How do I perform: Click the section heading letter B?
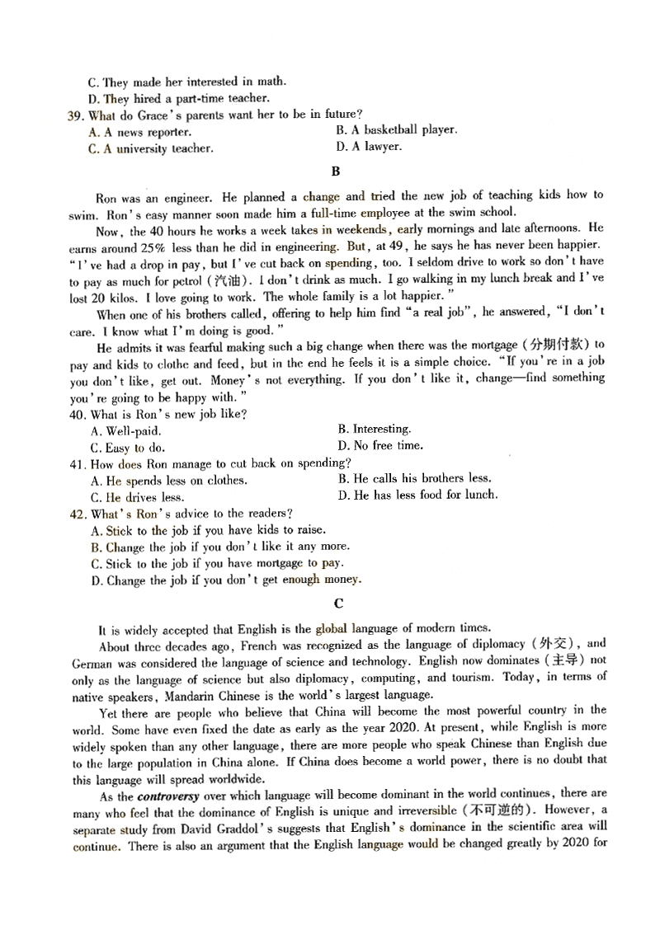pyautogui.click(x=335, y=171)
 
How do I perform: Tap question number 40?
pyautogui.click(x=76, y=414)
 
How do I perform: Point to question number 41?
pyautogui.click(x=76, y=464)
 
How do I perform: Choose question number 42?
pyautogui.click(x=76, y=514)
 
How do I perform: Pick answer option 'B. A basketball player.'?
pyautogui.click(x=396, y=130)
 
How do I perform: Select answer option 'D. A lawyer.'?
pyautogui.click(x=369, y=147)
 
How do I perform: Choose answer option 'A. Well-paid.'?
pyautogui.click(x=126, y=430)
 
